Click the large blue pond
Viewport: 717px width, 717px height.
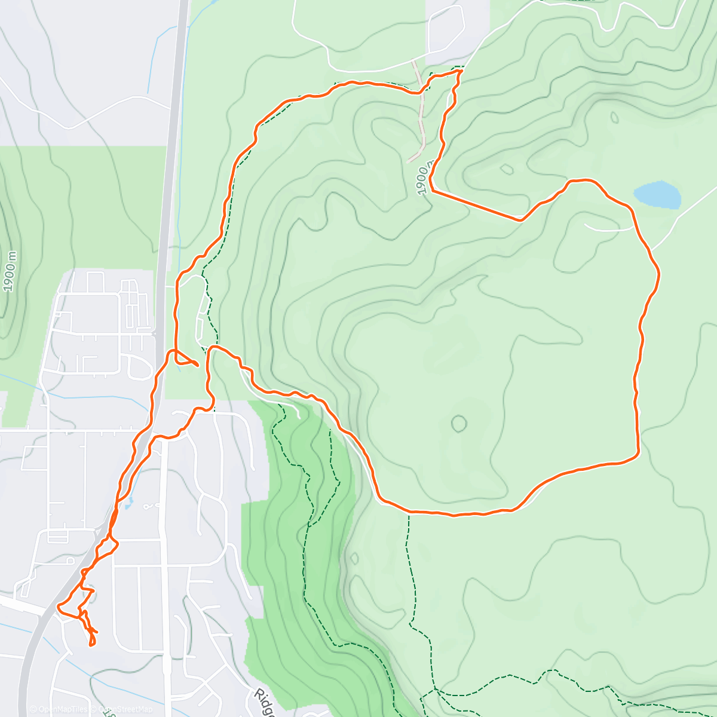(657, 195)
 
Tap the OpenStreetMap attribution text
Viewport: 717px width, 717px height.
(125, 709)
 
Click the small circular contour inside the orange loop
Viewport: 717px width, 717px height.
(458, 424)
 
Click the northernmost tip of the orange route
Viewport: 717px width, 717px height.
(460, 71)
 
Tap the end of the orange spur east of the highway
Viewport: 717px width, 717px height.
(198, 365)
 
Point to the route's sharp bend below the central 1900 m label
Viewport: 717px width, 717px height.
(431, 190)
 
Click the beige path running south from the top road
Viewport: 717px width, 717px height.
(421, 114)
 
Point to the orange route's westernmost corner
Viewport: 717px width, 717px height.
(59, 608)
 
